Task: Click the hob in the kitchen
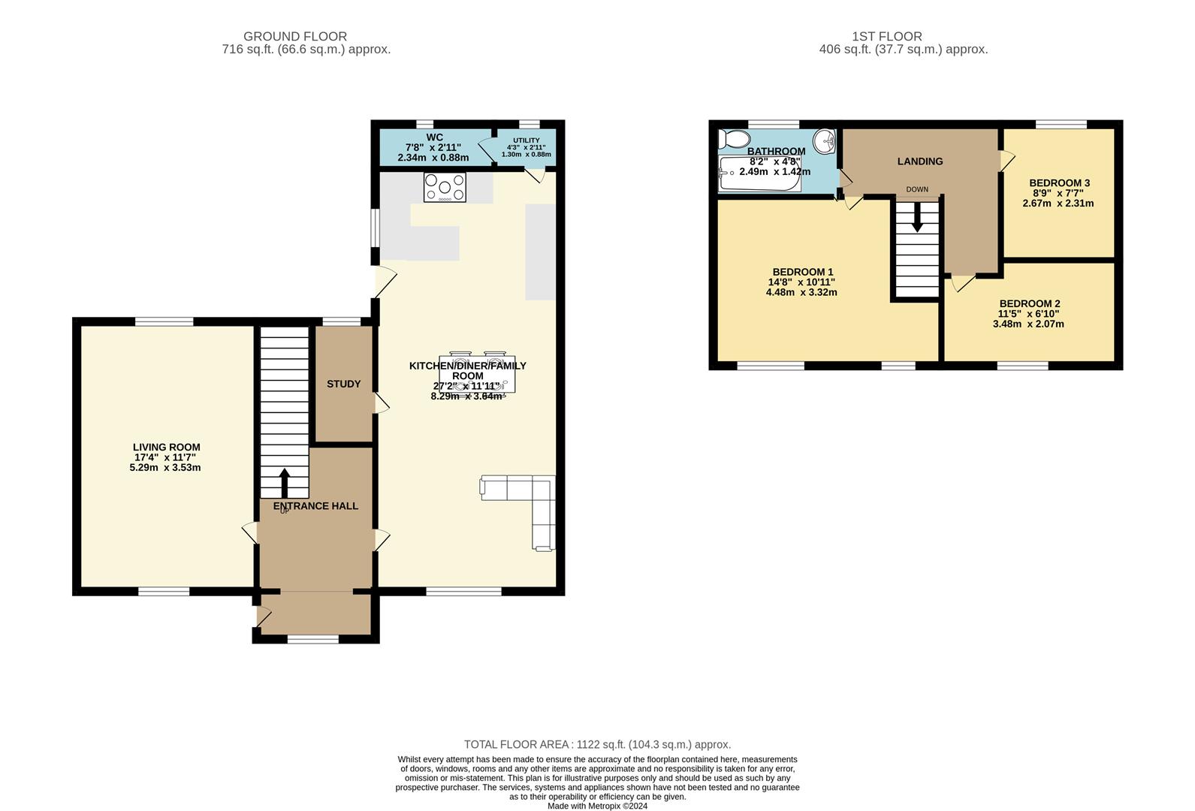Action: coord(445,187)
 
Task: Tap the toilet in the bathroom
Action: coord(734,140)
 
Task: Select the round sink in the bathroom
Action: coord(824,142)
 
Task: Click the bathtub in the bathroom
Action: coord(759,173)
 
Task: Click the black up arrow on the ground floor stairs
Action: coord(285,483)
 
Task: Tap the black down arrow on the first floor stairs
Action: coord(917,218)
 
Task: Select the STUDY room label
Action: coord(343,384)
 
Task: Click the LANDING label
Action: coord(920,161)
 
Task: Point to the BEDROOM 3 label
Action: coord(1060,183)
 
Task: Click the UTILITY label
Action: coord(527,140)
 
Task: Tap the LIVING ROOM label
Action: coord(167,448)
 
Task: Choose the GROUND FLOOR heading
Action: coord(295,36)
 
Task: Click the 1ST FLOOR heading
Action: coord(886,36)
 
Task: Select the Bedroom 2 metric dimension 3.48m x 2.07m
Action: coord(1028,324)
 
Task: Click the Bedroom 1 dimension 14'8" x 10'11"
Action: coord(801,282)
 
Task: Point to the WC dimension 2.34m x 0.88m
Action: coord(433,158)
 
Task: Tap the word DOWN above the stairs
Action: coord(917,189)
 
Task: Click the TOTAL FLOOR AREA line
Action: coord(598,744)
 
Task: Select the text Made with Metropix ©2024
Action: coord(598,806)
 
